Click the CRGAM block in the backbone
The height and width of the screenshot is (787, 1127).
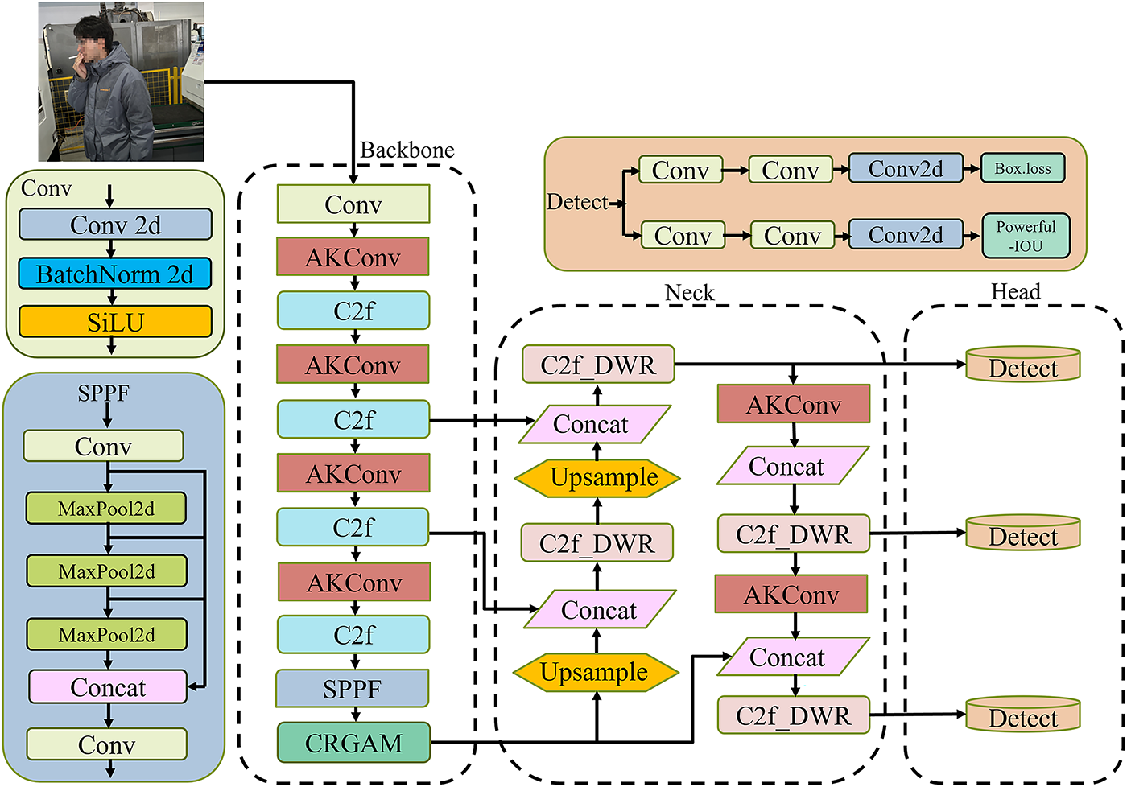pyautogui.click(x=353, y=743)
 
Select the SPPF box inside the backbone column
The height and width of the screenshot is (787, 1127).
pyautogui.click(x=353, y=689)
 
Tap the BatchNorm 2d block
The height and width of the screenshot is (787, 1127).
pyautogui.click(x=115, y=274)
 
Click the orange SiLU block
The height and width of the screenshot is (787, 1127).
pyautogui.click(x=115, y=322)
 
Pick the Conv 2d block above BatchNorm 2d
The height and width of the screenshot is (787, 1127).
pyautogui.click(x=115, y=225)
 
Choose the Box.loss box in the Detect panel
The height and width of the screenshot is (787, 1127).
pyautogui.click(x=1022, y=169)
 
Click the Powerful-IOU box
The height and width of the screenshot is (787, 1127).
pyautogui.click(x=1026, y=236)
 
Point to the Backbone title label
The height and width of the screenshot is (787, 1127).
pyautogui.click(x=407, y=150)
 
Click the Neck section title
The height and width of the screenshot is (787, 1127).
pyautogui.click(x=689, y=293)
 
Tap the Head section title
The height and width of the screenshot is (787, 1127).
pyautogui.click(x=1015, y=292)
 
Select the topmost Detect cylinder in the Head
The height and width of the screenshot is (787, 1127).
pyautogui.click(x=1022, y=366)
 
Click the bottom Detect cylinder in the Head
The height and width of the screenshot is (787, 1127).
pyautogui.click(x=1022, y=716)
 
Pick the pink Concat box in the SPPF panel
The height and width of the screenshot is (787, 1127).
pyautogui.click(x=108, y=687)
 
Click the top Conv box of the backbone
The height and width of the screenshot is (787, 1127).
pyautogui.click(x=353, y=204)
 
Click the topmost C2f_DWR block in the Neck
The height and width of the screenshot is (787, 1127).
pyautogui.click(x=597, y=365)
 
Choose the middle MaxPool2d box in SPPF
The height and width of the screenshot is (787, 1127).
pyautogui.click(x=106, y=571)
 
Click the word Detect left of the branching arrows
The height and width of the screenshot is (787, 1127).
pyautogui.click(x=577, y=202)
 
